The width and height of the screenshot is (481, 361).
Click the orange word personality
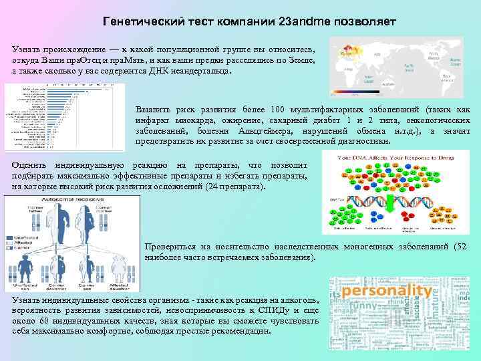tap(383, 291)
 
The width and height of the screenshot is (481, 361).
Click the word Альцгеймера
tap(270, 131)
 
